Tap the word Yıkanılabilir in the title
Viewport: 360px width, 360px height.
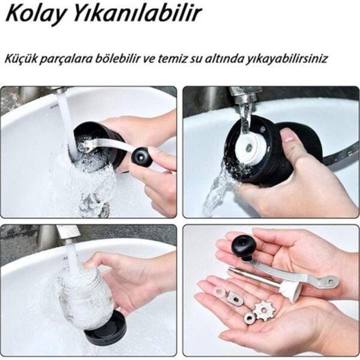click(x=137, y=14)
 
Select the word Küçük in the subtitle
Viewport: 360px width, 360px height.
click(x=20, y=59)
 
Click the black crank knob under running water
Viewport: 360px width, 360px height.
click(x=141, y=157)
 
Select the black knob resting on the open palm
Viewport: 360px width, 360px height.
click(x=244, y=248)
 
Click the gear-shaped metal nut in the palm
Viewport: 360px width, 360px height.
click(x=265, y=310)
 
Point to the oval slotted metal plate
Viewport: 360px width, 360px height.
click(x=236, y=299)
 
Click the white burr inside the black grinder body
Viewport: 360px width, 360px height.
click(x=250, y=148)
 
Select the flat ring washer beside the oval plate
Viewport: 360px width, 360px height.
click(x=220, y=292)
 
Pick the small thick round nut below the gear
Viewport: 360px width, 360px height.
click(x=250, y=319)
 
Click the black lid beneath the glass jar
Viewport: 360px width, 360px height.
click(x=105, y=327)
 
